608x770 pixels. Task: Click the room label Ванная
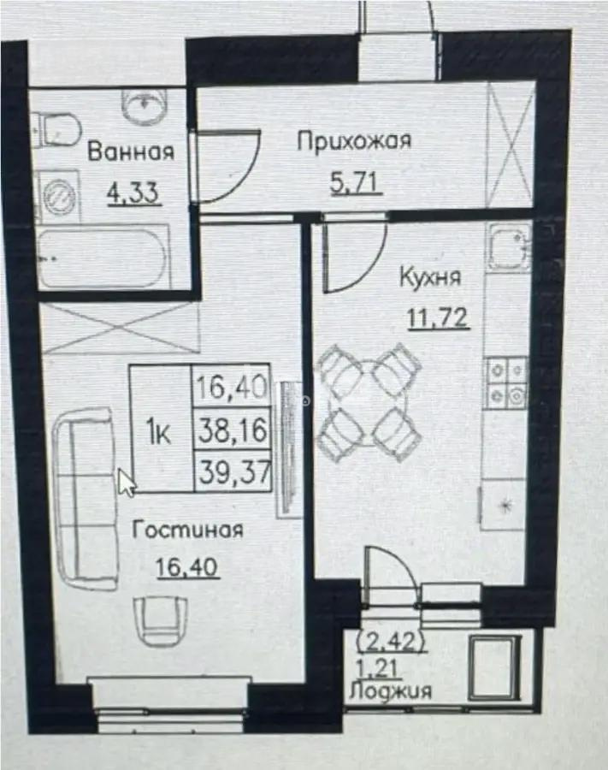131,153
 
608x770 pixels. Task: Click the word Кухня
431,277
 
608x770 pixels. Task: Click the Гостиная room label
187,530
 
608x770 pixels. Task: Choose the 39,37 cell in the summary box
233,471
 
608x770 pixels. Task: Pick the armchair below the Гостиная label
158,617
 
